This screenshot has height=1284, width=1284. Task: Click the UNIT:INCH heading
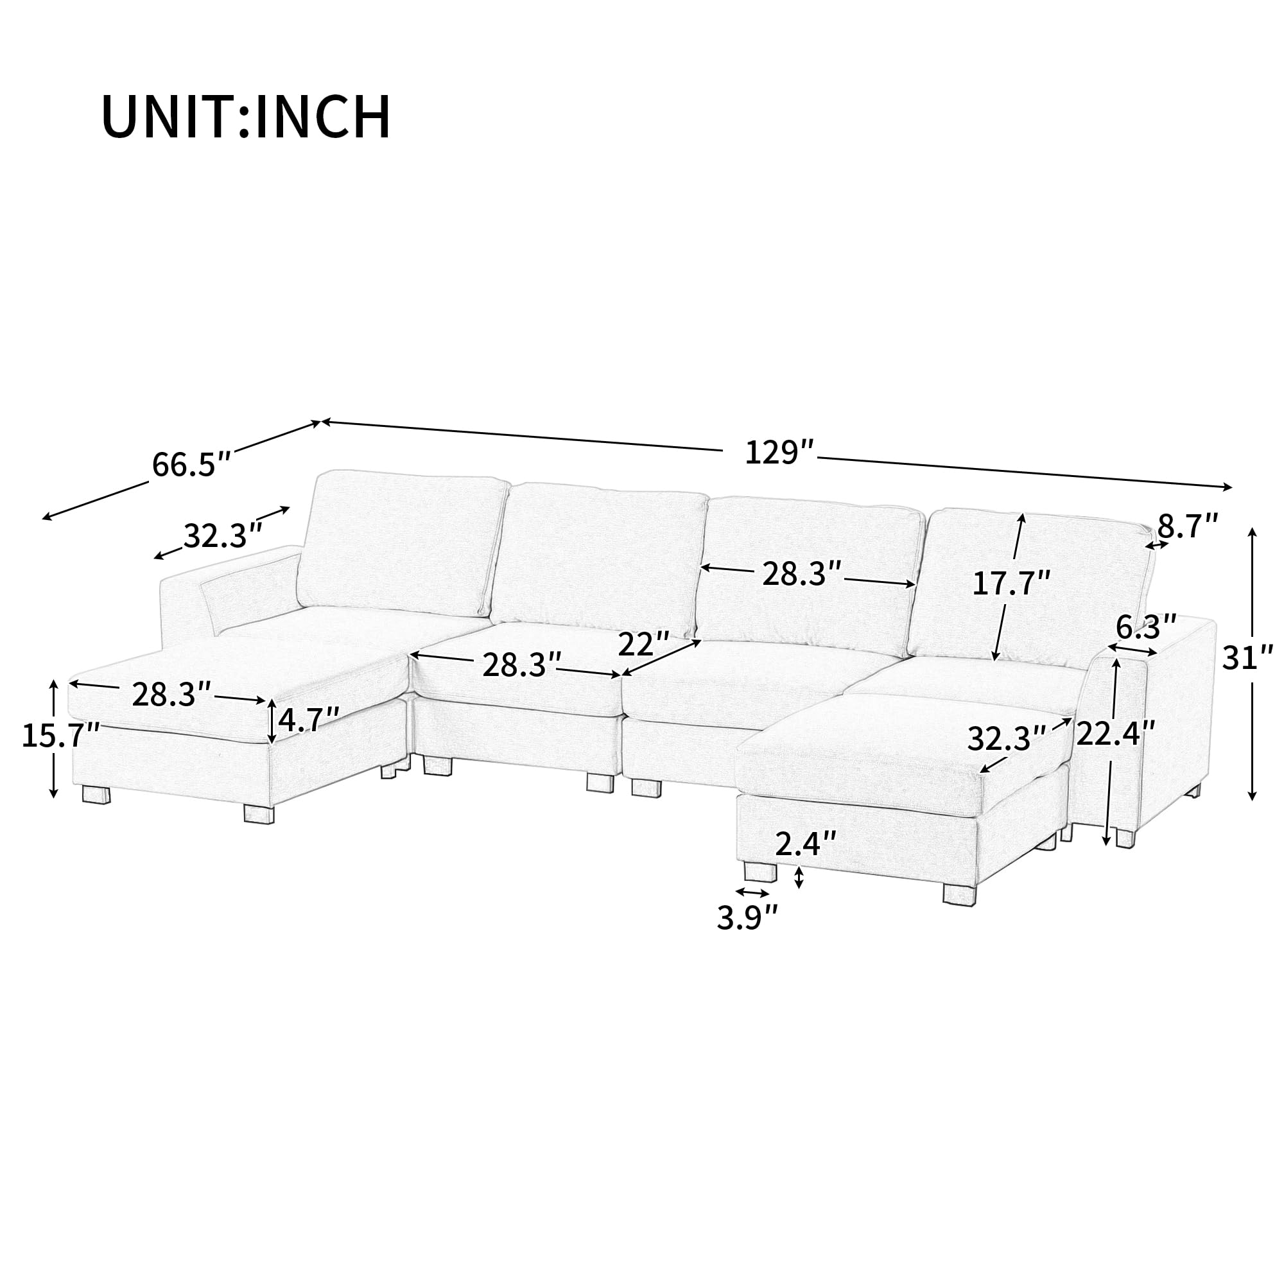coord(246,117)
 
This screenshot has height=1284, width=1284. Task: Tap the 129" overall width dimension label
coord(779,453)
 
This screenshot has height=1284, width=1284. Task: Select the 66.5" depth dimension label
coord(191,464)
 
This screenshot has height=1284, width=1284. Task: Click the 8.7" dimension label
coord(1188,527)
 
